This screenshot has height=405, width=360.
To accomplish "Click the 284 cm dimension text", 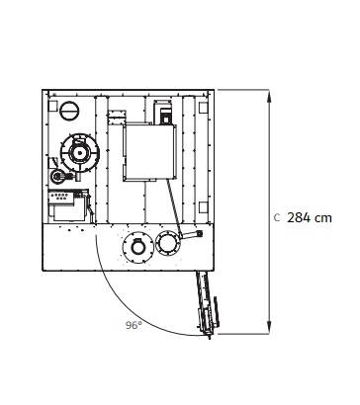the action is tap(310, 218).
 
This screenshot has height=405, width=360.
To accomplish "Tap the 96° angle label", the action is tap(134, 325).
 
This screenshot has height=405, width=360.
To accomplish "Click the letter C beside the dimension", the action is tap(277, 218).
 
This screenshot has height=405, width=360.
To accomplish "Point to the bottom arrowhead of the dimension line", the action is tap(270, 329).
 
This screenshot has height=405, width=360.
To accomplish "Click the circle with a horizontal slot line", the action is tap(69, 110).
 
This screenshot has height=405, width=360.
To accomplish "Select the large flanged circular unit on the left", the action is tap(79, 152).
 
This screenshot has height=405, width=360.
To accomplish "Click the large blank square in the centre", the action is tap(149, 152).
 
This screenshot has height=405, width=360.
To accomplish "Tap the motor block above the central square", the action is tap(163, 112).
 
